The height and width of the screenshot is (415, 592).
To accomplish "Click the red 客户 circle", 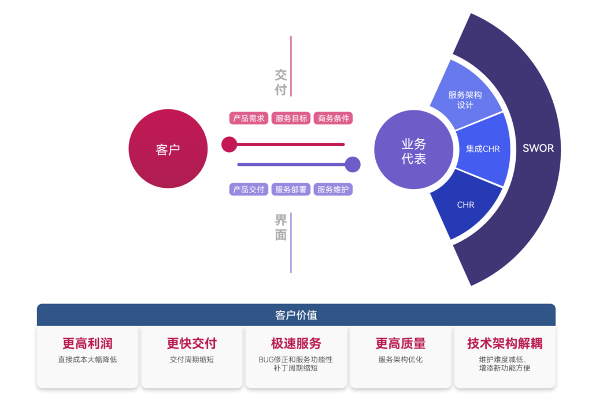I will pyautogui.click(x=168, y=149).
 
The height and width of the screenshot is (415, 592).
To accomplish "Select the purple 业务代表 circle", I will pyautogui.click(x=413, y=151).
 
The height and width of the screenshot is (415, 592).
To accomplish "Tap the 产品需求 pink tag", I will pyautogui.click(x=249, y=118).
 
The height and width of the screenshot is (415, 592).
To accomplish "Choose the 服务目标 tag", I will pyautogui.click(x=291, y=118).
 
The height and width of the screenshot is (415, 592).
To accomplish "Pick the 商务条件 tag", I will pyautogui.click(x=334, y=118).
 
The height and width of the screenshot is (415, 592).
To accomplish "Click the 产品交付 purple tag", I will pyautogui.click(x=249, y=190).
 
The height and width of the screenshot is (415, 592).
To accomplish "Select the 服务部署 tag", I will pyautogui.click(x=291, y=190).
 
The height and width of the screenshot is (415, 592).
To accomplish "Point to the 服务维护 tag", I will pyautogui.click(x=333, y=190).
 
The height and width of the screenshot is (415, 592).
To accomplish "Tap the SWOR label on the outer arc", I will pyautogui.click(x=538, y=148).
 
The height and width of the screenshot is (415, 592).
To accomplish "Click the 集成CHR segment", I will pyautogui.click(x=483, y=149).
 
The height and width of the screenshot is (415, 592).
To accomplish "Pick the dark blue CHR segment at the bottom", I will pyautogui.click(x=465, y=205).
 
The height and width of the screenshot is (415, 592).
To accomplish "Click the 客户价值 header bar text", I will pyautogui.click(x=296, y=316).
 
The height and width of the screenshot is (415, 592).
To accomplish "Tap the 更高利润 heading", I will pyautogui.click(x=87, y=343).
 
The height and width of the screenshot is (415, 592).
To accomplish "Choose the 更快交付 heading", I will pyautogui.click(x=191, y=343).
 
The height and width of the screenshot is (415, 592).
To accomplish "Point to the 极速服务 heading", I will pyautogui.click(x=296, y=343).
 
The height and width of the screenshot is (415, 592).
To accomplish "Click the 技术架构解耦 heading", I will pyautogui.click(x=505, y=343).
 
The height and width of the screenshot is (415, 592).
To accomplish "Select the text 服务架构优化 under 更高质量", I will pyautogui.click(x=401, y=360).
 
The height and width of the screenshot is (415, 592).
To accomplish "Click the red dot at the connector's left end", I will pyautogui.click(x=229, y=144).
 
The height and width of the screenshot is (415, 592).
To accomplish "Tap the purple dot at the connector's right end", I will pyautogui.click(x=353, y=165).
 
